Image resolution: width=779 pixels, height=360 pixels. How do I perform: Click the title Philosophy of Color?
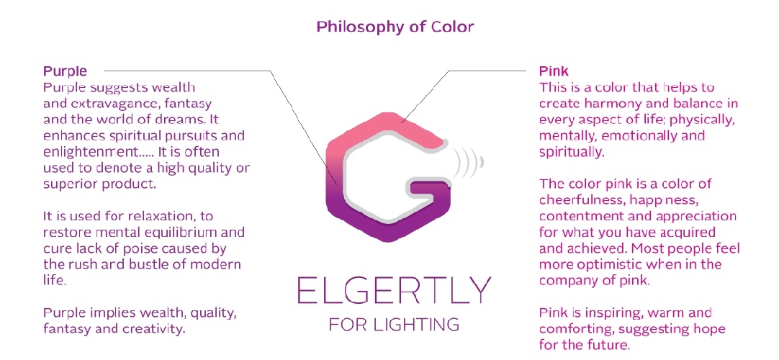click(x=395, y=27)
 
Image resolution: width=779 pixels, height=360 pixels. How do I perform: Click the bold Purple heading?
click(x=65, y=71)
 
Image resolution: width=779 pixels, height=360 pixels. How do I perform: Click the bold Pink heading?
click(x=554, y=71)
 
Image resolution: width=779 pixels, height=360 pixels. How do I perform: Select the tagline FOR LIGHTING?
click(x=394, y=325)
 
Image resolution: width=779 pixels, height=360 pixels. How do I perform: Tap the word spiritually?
click(x=572, y=153)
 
